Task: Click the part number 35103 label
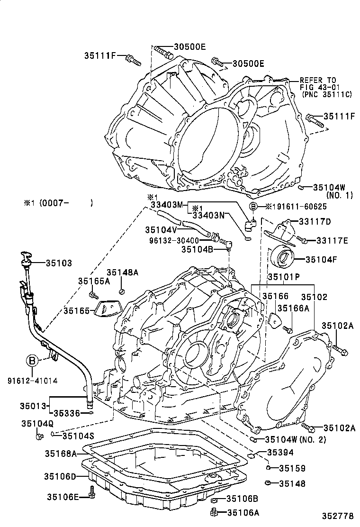pyautogui.click(x=59, y=262)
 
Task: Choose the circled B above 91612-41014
pyautogui.click(x=32, y=361)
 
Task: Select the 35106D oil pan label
pyautogui.click(x=61, y=476)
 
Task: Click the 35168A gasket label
pyautogui.click(x=61, y=454)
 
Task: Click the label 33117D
pyautogui.click(x=315, y=221)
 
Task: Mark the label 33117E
pyautogui.click(x=332, y=241)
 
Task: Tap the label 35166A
pyautogui.click(x=293, y=308)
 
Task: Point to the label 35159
pyautogui.click(x=292, y=468)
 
